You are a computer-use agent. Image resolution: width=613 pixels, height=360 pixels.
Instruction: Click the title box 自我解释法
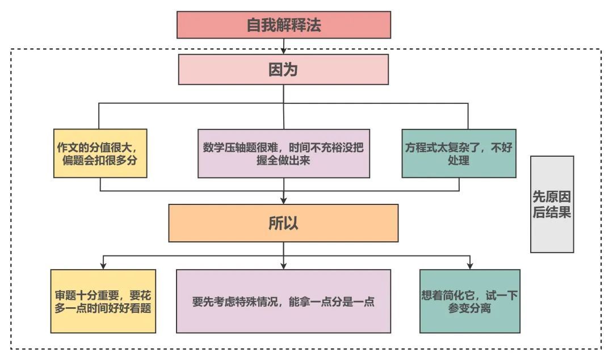click(x=284, y=25)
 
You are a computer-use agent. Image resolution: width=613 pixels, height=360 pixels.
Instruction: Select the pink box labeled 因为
click(x=284, y=69)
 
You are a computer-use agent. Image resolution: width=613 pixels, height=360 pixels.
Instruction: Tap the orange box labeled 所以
click(x=283, y=223)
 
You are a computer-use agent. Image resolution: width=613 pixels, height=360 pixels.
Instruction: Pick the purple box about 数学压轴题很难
click(x=283, y=153)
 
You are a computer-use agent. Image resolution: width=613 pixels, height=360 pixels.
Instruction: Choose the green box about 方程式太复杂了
click(x=459, y=153)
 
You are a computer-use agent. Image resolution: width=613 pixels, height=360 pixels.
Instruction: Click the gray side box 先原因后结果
click(x=552, y=204)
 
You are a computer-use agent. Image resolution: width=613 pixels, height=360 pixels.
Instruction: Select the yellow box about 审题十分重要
click(x=103, y=301)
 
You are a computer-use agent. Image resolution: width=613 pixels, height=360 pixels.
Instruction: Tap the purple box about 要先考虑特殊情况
click(x=283, y=301)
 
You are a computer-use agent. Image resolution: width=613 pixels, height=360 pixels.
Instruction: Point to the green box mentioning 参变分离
click(x=469, y=301)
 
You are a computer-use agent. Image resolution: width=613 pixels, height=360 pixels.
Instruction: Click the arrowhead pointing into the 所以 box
click(x=284, y=200)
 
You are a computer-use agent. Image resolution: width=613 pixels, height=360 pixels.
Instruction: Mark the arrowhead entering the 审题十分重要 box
click(x=103, y=266)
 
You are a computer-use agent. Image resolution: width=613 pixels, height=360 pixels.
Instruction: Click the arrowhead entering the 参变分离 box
click(x=470, y=266)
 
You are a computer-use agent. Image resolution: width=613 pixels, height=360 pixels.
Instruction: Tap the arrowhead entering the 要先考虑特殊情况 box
click(x=284, y=266)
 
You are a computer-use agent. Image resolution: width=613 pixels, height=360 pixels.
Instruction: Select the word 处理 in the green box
click(x=459, y=160)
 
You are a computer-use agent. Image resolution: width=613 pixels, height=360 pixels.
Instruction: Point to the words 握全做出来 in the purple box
click(x=283, y=160)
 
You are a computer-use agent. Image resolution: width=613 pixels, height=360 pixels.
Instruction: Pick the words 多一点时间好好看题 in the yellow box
click(x=103, y=308)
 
